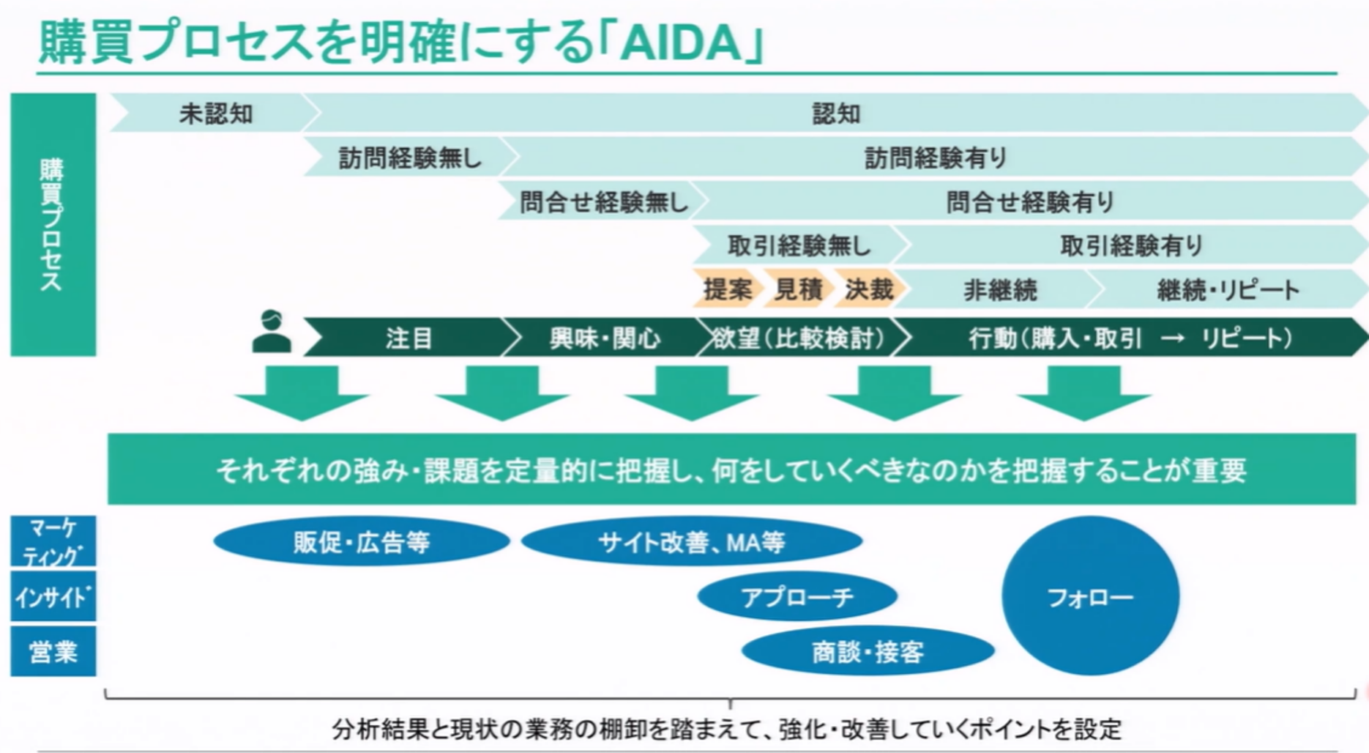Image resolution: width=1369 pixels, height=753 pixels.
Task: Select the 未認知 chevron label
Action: coord(215,114)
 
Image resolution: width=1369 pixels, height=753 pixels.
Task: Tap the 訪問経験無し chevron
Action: coord(410,157)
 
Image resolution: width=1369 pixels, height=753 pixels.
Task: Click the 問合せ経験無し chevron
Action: coord(603,201)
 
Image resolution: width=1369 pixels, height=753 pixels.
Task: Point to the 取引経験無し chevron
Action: coord(798,245)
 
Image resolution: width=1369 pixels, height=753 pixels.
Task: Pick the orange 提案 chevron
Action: coord(727,289)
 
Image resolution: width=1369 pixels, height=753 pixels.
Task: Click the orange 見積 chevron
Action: coord(798,289)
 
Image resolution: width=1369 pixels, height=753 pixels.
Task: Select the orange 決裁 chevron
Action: coord(868,289)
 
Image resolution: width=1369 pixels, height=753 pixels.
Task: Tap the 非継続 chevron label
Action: coord(1000,290)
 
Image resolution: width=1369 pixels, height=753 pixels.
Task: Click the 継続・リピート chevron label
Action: coord(1228,290)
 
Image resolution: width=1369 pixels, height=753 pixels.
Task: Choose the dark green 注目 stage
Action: coord(409,338)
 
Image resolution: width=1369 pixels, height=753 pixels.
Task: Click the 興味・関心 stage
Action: coord(605,338)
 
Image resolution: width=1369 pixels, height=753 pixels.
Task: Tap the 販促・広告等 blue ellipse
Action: coord(361,542)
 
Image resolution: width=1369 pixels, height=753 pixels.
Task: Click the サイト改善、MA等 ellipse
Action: coord(691,542)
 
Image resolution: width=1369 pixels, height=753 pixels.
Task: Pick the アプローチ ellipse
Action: coord(797,597)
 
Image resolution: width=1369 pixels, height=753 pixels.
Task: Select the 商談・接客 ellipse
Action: coord(868,651)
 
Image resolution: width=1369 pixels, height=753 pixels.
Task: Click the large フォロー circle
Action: coord(1090,597)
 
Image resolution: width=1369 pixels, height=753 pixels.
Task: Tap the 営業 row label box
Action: coord(53,651)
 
